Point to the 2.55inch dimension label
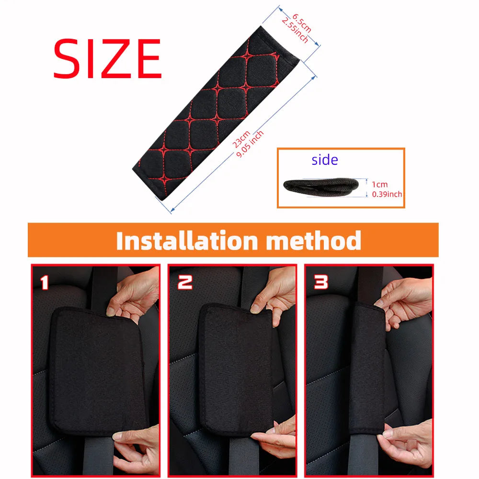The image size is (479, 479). pyautogui.click(x=294, y=30)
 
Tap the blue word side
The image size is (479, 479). pyautogui.click(x=325, y=160)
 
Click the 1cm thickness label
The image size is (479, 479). pyautogui.click(x=380, y=184)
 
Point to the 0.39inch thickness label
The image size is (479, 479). pyautogui.click(x=387, y=194)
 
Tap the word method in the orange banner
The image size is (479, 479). pyautogui.click(x=313, y=240)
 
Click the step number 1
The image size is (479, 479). pyautogui.click(x=44, y=283)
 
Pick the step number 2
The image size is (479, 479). pyautogui.click(x=185, y=283)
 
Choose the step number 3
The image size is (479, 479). pyautogui.click(x=321, y=283)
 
